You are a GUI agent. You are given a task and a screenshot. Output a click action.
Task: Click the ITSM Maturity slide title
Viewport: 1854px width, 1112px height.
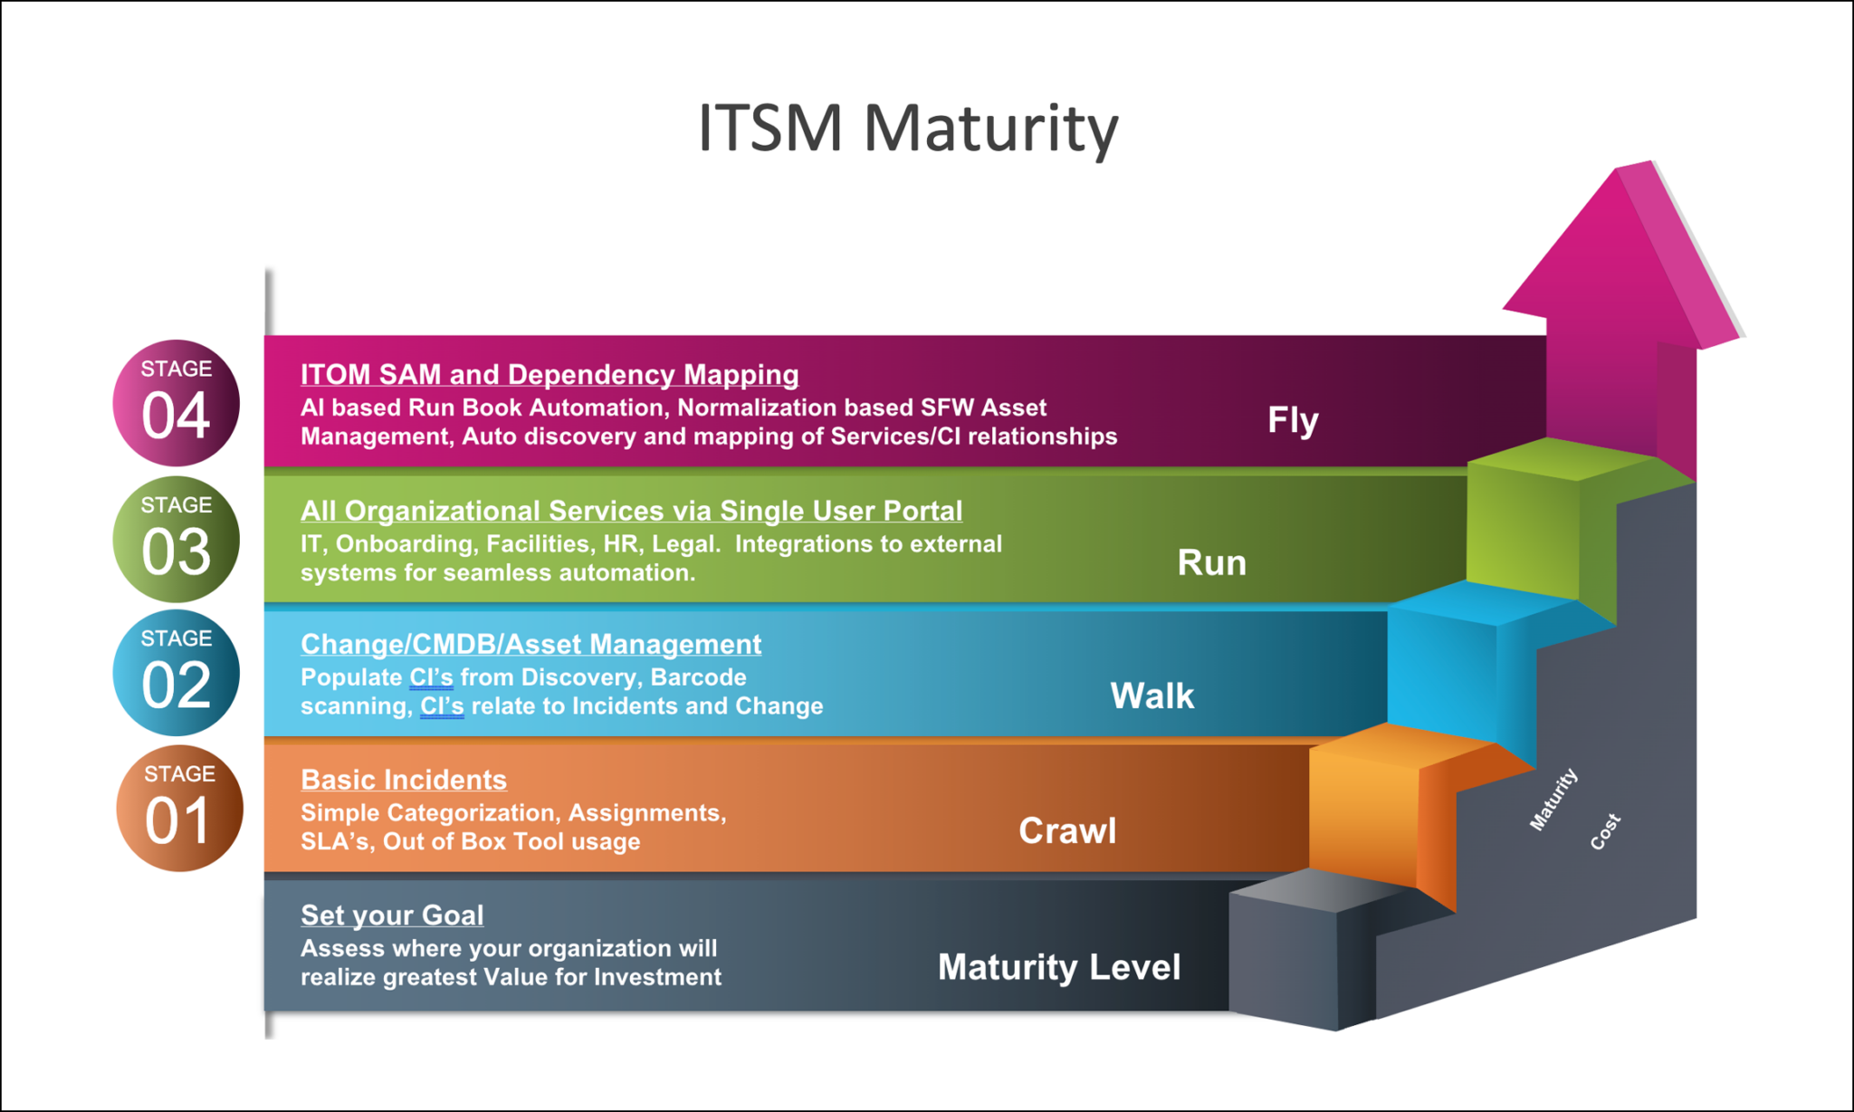[x=908, y=128]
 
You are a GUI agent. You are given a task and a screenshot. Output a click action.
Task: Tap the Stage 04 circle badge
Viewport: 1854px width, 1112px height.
[x=176, y=403]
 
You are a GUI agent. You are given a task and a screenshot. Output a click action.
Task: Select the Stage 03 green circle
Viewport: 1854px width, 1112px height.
[x=176, y=539]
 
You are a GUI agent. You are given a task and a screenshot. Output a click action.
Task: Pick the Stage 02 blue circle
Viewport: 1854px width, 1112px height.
[x=176, y=673]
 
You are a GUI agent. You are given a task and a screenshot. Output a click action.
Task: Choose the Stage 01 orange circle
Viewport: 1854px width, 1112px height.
[x=178, y=808]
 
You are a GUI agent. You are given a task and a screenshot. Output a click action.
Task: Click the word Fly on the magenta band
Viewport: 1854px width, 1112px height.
[x=1293, y=420]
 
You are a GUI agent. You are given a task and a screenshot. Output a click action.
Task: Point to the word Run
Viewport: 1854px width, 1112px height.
[x=1211, y=562]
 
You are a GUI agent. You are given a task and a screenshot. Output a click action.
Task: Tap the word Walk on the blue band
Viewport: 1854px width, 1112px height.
[x=1152, y=695]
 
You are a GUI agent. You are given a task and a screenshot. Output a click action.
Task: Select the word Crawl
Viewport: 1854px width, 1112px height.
[x=1067, y=830]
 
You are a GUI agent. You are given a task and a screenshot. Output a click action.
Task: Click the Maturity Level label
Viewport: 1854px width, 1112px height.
[x=1058, y=967]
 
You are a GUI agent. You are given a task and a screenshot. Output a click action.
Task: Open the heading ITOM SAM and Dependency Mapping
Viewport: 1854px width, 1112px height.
[x=550, y=374]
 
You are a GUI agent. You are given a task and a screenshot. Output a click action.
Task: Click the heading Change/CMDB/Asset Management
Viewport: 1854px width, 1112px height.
[x=530, y=644]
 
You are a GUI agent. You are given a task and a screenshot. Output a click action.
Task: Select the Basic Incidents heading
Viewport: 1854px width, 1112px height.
[x=404, y=780]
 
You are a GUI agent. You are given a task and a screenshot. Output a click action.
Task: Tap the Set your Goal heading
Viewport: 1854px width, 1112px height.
[x=392, y=915]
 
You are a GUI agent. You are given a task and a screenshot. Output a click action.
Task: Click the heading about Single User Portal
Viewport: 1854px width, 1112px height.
[x=631, y=511]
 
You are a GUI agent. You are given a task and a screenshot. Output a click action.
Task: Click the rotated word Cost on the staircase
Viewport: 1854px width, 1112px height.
[x=1605, y=831]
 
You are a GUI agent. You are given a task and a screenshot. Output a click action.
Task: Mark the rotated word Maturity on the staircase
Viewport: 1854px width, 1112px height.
[x=1553, y=799]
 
